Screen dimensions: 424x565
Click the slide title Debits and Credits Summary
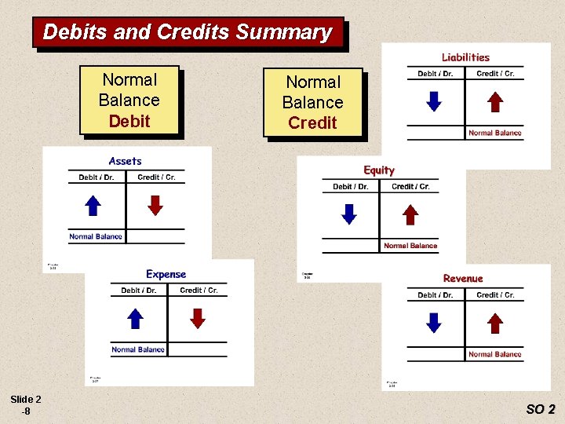(x=188, y=32)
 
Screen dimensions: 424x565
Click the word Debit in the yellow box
(x=129, y=121)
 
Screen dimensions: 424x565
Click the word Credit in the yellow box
(x=312, y=122)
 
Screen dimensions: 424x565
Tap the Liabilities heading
(x=465, y=57)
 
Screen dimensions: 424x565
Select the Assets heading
(x=126, y=161)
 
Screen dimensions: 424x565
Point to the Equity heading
(x=379, y=170)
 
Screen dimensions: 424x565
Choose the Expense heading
(x=166, y=274)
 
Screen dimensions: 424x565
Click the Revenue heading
(x=463, y=279)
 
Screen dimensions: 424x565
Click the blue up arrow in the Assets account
(x=93, y=205)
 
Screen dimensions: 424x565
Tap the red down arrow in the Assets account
(x=155, y=205)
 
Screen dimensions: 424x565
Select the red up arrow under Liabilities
(x=494, y=102)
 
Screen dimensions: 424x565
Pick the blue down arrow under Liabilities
(x=433, y=102)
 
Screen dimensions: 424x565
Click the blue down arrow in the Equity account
(x=349, y=214)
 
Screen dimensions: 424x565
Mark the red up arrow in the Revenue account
(x=494, y=323)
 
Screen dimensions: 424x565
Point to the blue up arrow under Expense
(x=136, y=318)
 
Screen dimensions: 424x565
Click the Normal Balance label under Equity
(x=410, y=246)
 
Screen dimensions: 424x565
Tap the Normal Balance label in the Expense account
(x=138, y=349)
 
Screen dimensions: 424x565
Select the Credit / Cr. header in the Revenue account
(x=495, y=295)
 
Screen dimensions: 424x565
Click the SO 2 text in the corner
(x=541, y=409)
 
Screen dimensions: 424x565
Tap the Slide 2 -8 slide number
(x=27, y=404)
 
